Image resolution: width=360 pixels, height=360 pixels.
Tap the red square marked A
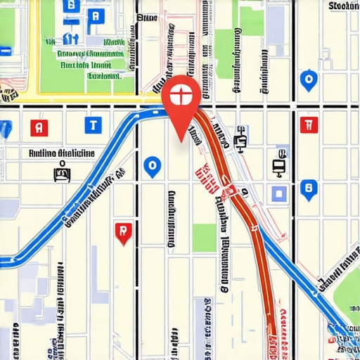[40, 127]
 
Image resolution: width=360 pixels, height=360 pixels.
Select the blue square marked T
[92, 126]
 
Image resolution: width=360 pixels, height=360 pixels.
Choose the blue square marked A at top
[96, 16]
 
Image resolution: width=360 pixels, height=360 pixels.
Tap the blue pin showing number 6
[307, 188]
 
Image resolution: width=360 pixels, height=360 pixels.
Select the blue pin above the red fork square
[307, 80]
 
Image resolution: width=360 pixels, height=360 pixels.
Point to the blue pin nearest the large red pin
[151, 166]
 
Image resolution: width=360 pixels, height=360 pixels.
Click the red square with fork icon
[306, 125]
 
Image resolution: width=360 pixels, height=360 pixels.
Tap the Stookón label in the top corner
[343, 6]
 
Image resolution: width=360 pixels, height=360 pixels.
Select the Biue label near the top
[146, 17]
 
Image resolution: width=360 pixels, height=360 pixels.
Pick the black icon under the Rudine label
[63, 169]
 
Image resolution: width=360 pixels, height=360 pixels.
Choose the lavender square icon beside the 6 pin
[279, 193]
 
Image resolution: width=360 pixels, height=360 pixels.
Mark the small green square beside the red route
[204, 238]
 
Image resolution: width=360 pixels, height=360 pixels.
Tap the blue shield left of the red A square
[5, 129]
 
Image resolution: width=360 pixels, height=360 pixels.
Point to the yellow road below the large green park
[70, 98]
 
